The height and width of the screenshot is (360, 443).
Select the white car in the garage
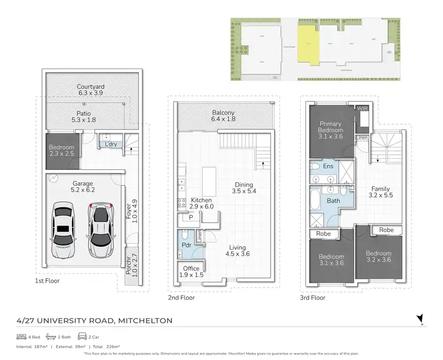pyautogui.click(x=99, y=230)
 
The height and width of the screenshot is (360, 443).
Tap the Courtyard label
pyautogui.click(x=90, y=90)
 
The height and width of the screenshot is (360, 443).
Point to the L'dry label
pyautogui.click(x=110, y=144)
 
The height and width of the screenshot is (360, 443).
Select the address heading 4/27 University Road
pyautogui.click(x=95, y=320)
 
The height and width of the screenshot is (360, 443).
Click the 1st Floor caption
pyautogui.click(x=47, y=281)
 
